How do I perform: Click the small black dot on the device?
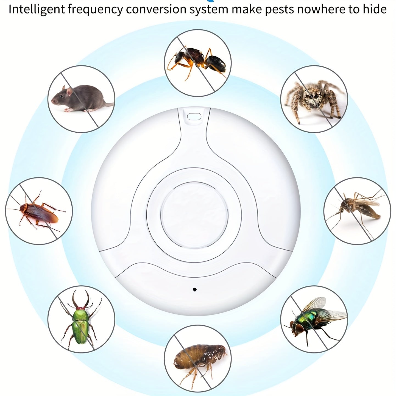pyautogui.click(x=195, y=289)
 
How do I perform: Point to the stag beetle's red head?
pyautogui.click(x=80, y=308)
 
